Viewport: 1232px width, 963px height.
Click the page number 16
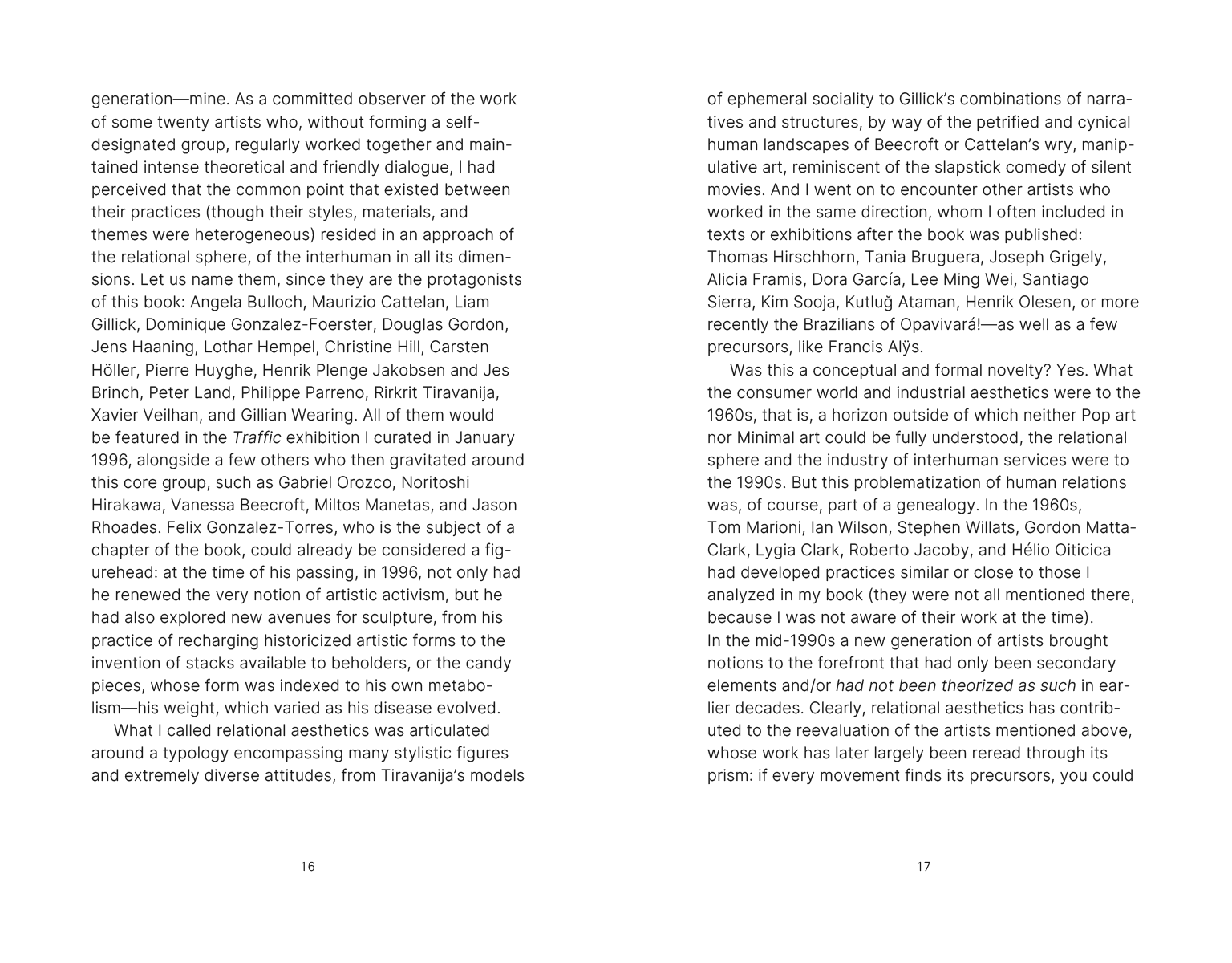point(307,866)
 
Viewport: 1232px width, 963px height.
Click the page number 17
point(923,866)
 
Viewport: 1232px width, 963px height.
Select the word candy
point(491,663)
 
